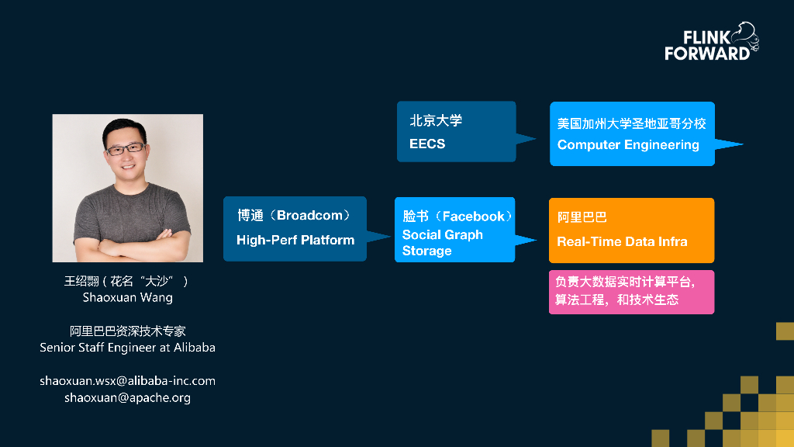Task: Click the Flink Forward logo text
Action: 706,46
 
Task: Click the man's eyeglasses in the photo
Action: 125,147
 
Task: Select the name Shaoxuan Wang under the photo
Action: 128,297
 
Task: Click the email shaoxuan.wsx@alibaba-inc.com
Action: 128,381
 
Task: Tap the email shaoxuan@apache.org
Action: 128,397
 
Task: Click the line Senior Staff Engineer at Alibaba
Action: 128,348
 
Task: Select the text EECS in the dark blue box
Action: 427,144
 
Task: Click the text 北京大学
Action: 436,121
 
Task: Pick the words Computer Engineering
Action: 628,144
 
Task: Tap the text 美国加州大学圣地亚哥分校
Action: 631,124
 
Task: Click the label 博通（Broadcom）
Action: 294,216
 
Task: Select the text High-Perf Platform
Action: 295,240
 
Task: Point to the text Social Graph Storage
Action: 442,243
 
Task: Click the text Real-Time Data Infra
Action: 622,241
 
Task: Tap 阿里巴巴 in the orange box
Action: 582,218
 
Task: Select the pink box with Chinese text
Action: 631,292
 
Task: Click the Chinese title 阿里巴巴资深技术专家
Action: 128,331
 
